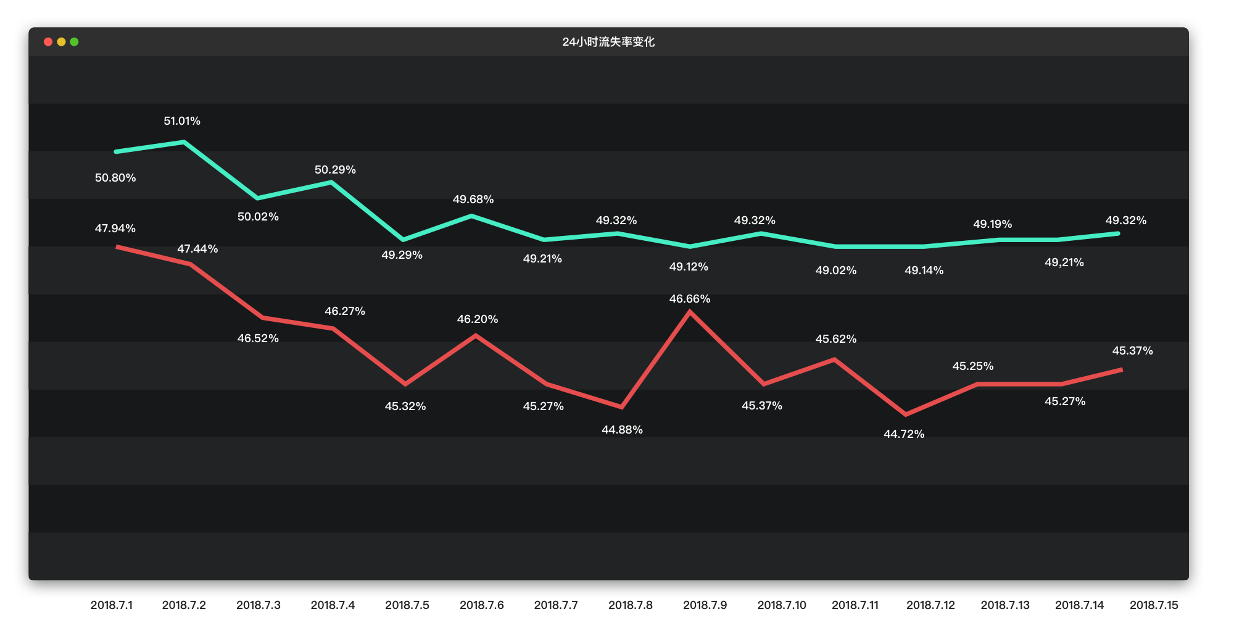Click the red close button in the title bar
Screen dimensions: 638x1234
tap(48, 42)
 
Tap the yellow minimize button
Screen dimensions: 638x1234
tap(61, 42)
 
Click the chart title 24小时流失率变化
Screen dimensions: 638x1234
tap(608, 42)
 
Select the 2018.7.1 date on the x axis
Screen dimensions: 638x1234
tap(112, 605)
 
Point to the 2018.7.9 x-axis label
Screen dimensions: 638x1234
tap(705, 605)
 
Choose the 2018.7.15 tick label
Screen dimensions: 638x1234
tap(1154, 605)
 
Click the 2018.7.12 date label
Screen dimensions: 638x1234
tap(930, 605)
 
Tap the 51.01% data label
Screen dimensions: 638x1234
tap(182, 121)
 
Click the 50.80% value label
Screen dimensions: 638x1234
tap(115, 178)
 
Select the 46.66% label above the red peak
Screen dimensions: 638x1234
tap(690, 299)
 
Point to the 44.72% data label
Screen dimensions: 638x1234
tap(904, 434)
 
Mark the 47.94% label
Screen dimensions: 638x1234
tap(115, 229)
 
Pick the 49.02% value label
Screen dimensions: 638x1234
tap(836, 271)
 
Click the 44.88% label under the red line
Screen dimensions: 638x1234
tap(622, 430)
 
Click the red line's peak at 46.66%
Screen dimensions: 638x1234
tap(690, 312)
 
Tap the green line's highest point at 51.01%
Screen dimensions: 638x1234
tap(184, 142)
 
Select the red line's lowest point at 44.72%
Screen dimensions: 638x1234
tap(905, 414)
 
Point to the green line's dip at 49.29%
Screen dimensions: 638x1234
tap(403, 240)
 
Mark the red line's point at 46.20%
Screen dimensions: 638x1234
tap(476, 335)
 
